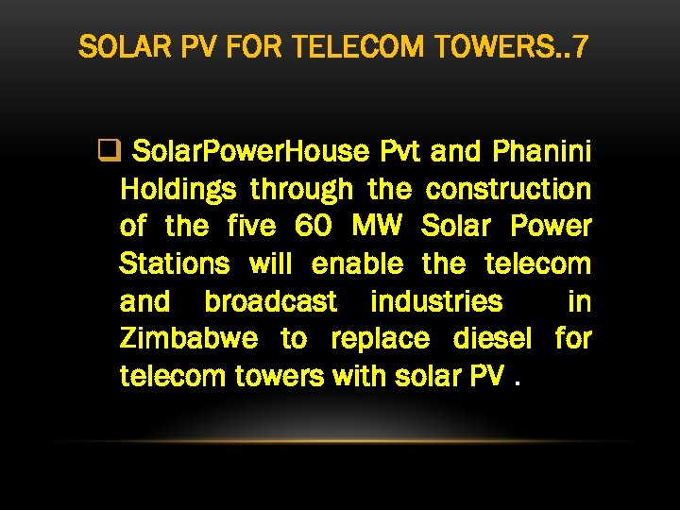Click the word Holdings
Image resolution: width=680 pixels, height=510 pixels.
[178, 189]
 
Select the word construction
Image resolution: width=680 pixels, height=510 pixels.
[508, 189]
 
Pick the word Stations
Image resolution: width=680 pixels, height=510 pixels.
[175, 263]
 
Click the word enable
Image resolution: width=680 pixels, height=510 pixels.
[357, 263]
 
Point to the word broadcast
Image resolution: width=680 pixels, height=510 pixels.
[270, 301]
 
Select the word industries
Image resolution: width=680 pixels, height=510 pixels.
[436, 301]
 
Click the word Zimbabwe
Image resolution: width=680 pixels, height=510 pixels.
[191, 338]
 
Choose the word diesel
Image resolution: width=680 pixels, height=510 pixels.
[493, 338]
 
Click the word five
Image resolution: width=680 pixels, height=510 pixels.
[251, 227]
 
